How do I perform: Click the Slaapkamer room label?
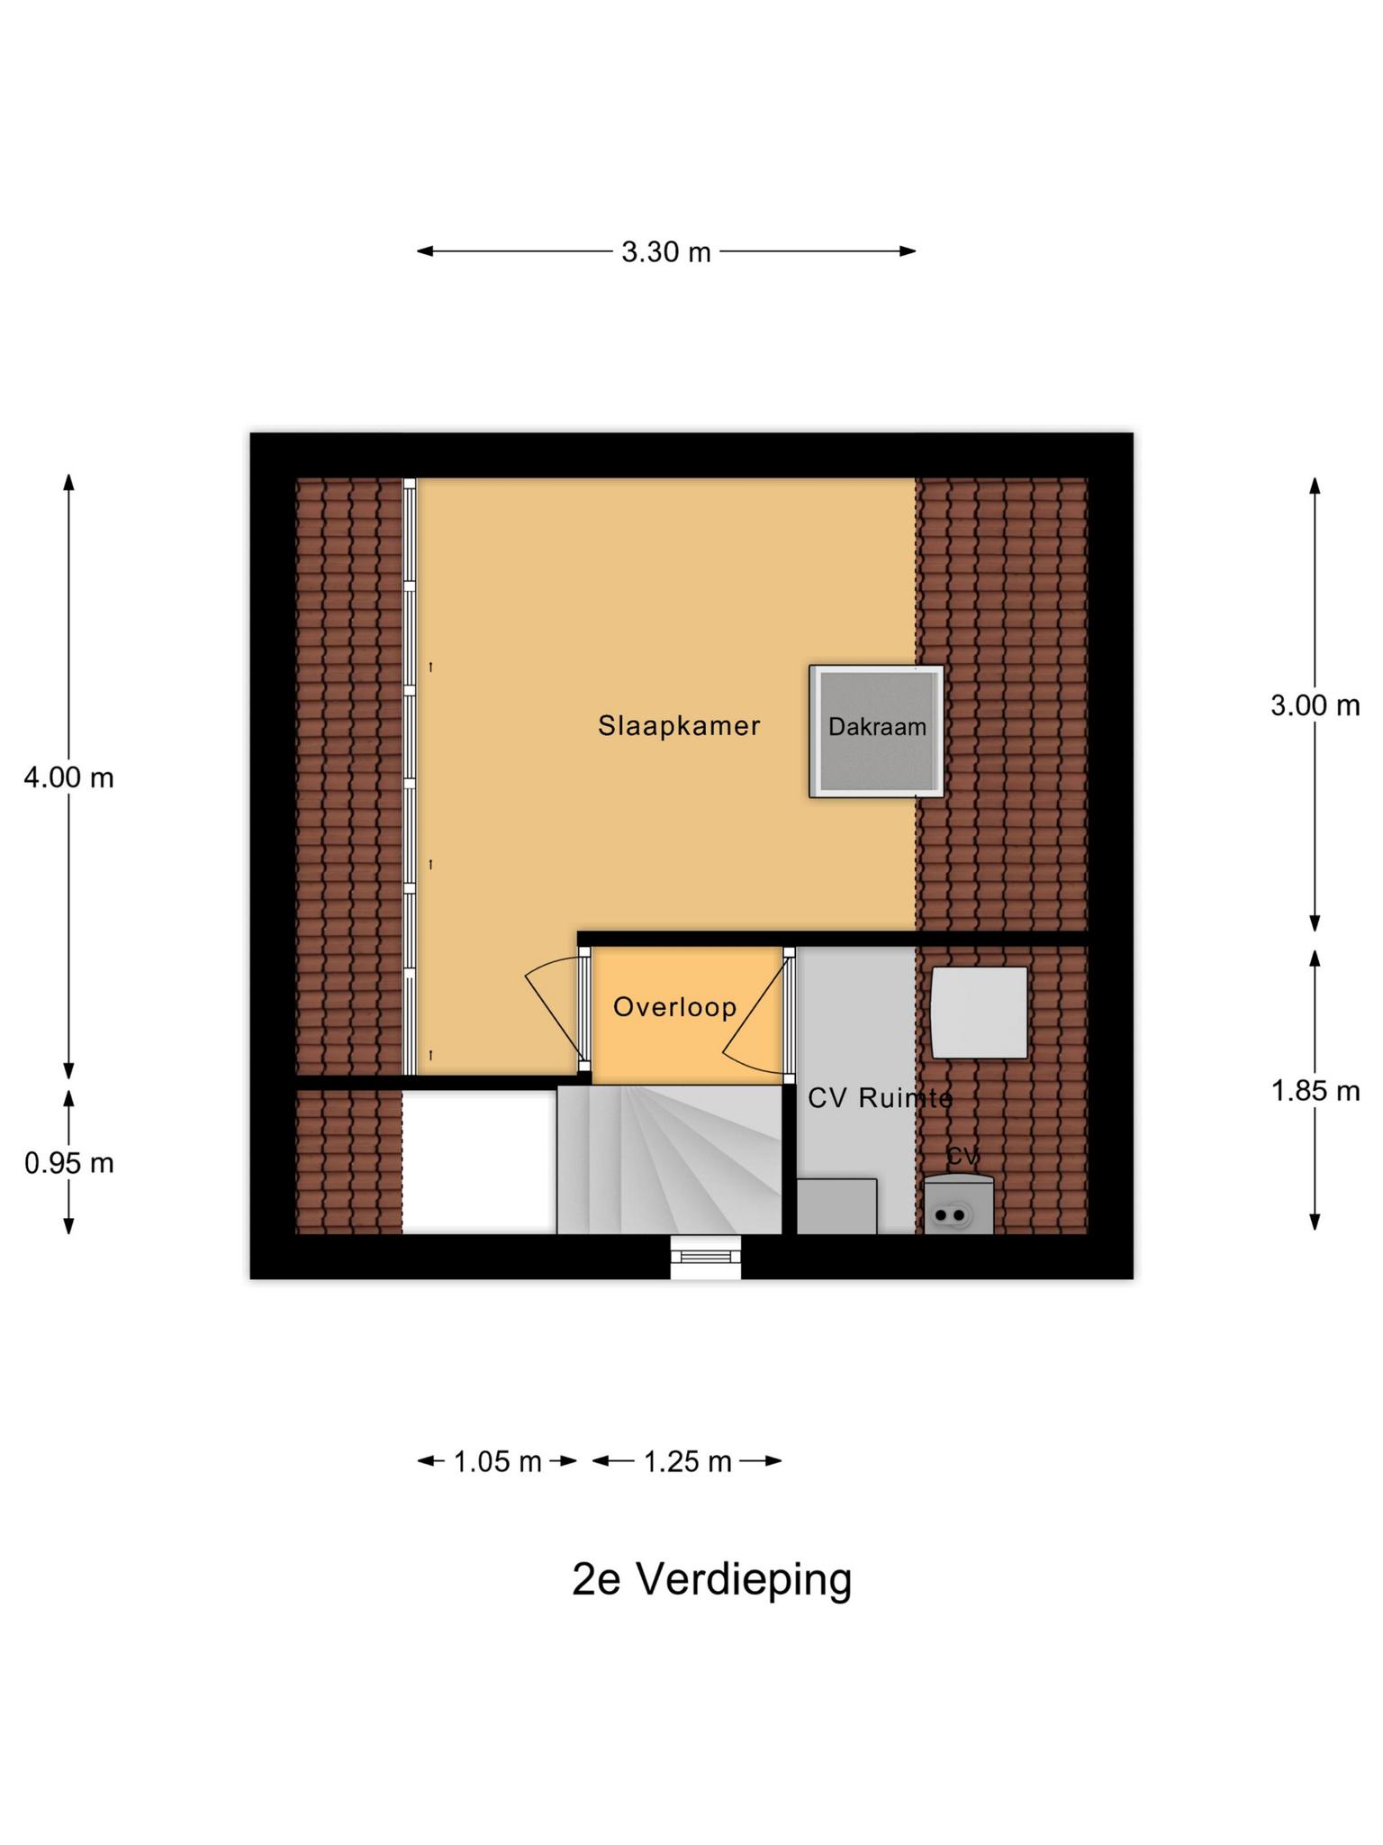point(679,725)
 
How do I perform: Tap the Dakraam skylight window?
point(876,731)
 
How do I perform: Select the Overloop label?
point(674,1006)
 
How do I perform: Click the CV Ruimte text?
point(879,1097)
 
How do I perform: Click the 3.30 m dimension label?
point(665,252)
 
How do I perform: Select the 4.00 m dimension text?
point(68,777)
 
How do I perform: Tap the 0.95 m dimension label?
point(68,1163)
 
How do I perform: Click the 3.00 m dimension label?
point(1315,705)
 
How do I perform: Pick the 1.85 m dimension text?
point(1315,1091)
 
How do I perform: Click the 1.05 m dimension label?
point(497,1461)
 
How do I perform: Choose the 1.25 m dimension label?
point(687,1461)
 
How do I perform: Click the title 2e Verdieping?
point(711,1579)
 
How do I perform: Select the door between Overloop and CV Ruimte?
point(789,1013)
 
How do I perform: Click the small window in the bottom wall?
point(706,1256)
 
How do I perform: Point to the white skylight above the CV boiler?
point(979,1013)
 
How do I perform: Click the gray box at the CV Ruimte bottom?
point(836,1206)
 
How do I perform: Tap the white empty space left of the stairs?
point(478,1162)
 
